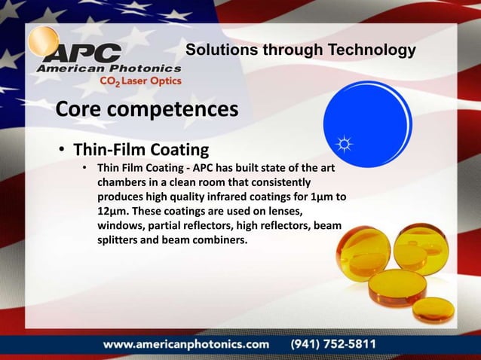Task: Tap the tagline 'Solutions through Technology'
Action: pyautogui.click(x=300, y=50)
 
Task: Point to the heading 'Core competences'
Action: pyautogui.click(x=147, y=110)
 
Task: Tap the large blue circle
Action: pyautogui.click(x=367, y=120)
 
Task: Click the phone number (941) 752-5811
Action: pyautogui.click(x=334, y=343)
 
